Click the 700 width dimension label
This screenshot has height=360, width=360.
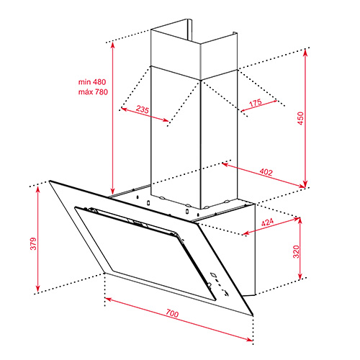[172, 313]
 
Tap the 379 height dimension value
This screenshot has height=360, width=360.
[33, 243]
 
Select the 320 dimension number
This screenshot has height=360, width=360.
[297, 251]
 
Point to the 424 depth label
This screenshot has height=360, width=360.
[267, 222]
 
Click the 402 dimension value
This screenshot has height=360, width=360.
[266, 172]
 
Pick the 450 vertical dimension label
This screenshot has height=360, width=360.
[300, 118]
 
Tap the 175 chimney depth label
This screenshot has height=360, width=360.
[256, 103]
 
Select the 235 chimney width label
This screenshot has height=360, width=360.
[143, 109]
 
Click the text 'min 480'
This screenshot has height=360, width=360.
[92, 82]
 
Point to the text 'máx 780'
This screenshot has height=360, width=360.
[93, 91]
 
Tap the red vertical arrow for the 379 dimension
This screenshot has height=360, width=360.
[37, 239]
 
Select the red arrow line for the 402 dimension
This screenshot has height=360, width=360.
[264, 175]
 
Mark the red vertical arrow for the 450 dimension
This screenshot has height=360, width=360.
[305, 118]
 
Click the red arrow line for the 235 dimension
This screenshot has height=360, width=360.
[145, 114]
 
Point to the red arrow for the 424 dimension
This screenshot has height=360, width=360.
[271, 226]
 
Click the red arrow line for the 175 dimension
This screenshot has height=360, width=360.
[259, 106]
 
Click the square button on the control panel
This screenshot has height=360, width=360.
[213, 274]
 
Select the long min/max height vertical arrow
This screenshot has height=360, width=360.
[112, 118]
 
